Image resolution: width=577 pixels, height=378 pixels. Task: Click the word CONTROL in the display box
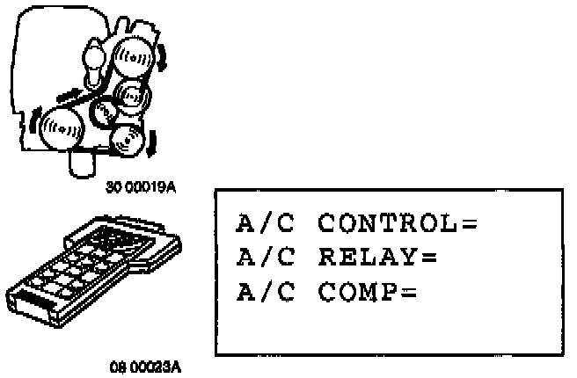[388, 224]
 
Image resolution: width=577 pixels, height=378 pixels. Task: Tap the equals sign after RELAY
[428, 258]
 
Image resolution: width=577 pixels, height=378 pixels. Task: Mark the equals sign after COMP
[408, 292]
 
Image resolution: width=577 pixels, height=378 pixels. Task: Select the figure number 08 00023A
[146, 367]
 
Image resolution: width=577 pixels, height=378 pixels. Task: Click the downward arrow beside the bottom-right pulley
[151, 142]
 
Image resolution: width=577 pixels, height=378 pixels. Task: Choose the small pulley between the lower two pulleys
[105, 112]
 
